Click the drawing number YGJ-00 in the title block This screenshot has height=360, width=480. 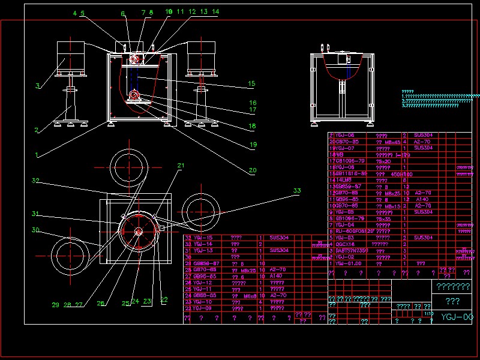pyautogui.click(x=460, y=317)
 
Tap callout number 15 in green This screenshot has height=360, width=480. pyautogui.click(x=252, y=83)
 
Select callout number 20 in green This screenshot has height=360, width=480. pyautogui.click(x=253, y=170)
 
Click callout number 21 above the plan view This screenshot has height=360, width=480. pyautogui.click(x=181, y=165)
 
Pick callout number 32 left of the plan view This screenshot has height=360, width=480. pyautogui.click(x=35, y=180)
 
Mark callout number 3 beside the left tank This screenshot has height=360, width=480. pyautogui.click(x=37, y=86)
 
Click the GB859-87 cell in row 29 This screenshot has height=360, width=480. pyautogui.click(x=207, y=263)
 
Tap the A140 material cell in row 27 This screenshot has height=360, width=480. pyautogui.click(x=277, y=277)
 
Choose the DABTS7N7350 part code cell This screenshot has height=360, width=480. pyautogui.click(x=352, y=250)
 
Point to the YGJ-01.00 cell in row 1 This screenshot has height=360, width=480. pyautogui.click(x=349, y=263)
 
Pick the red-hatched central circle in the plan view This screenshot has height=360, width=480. pyautogui.click(x=139, y=231)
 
